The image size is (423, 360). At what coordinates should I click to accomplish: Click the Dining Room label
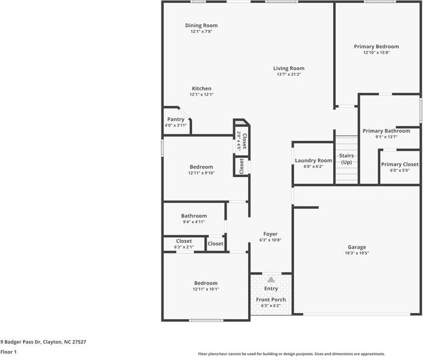pos(201,25)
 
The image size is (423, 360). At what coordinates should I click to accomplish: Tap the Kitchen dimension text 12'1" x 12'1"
pos(201,95)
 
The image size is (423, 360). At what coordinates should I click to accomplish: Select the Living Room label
pos(289,68)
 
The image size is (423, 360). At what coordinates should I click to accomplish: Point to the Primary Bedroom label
pos(376,46)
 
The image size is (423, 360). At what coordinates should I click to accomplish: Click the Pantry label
pos(175,119)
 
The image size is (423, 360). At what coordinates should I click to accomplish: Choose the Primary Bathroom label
pos(386,131)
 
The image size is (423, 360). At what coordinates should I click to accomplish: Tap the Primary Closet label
pos(399,164)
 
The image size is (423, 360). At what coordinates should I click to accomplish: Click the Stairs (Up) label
pos(346,159)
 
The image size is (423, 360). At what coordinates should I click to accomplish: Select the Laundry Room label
pos(313,161)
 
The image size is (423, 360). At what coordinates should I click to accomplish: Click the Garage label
pos(357,247)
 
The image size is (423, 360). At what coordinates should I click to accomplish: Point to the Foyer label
pos(271,234)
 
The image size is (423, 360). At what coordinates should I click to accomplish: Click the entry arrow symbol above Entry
pos(271,279)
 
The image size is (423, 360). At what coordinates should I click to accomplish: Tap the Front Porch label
pos(271,300)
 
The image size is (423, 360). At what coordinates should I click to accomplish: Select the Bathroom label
pos(194,216)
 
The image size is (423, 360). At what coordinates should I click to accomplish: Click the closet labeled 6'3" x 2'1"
pos(183,244)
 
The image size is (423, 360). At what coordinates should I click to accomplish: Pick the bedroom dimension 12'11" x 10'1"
pos(205,289)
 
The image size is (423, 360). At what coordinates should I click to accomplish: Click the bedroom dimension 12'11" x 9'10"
pos(201,173)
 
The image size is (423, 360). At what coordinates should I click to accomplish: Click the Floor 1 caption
pos(8,352)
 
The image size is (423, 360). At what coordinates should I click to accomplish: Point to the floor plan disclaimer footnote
pos(291,354)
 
